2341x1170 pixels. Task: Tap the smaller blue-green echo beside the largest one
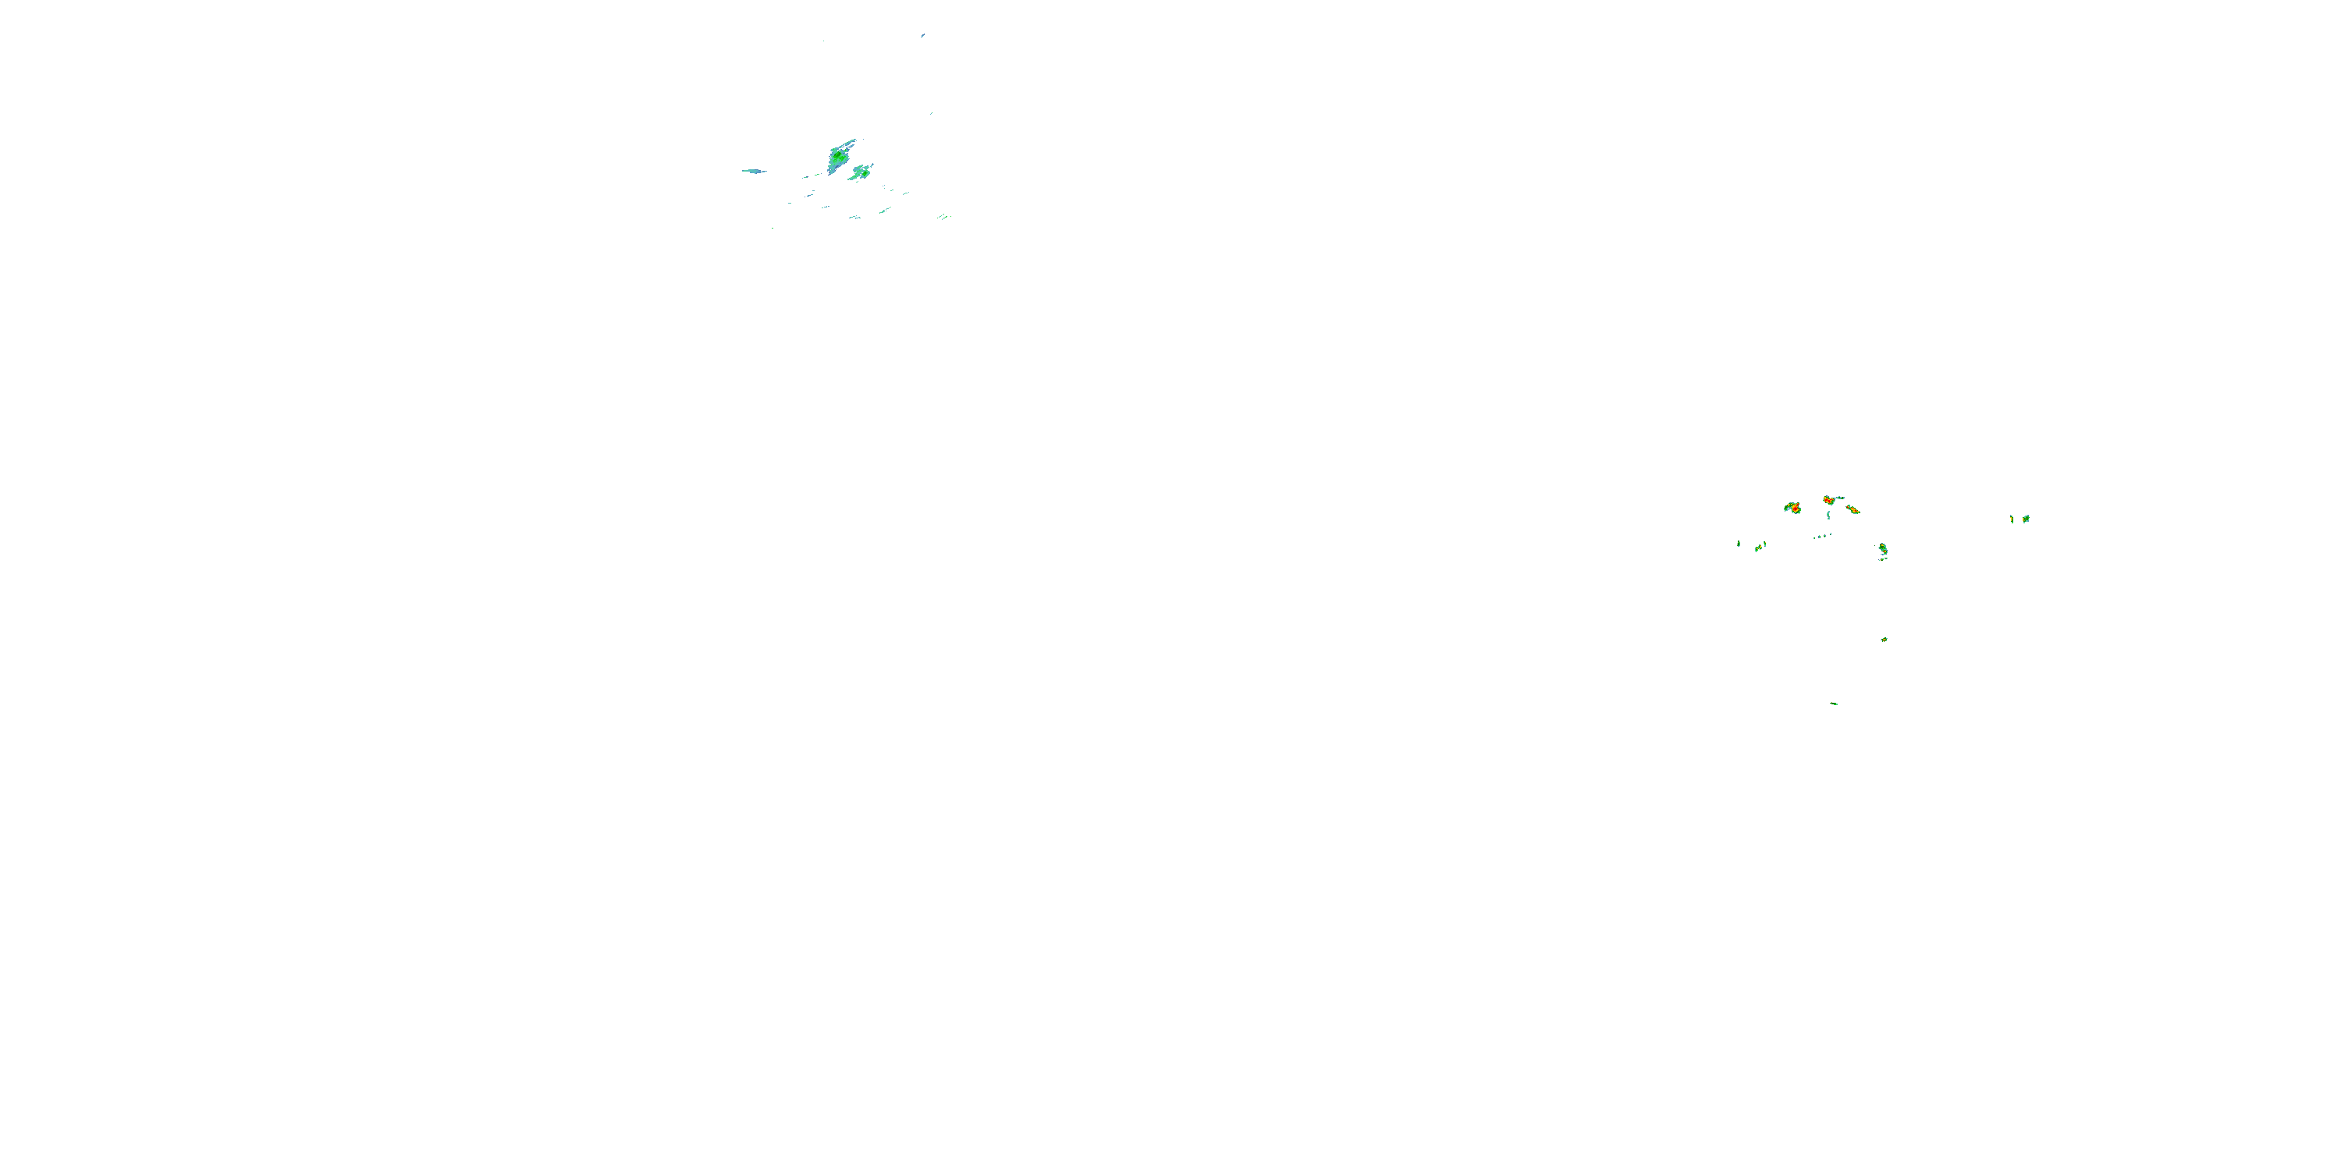coord(860,172)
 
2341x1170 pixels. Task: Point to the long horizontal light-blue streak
coord(753,171)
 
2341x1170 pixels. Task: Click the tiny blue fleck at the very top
coord(922,35)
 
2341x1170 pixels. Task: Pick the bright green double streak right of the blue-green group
coord(943,216)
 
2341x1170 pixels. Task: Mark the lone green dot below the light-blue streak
coord(773,227)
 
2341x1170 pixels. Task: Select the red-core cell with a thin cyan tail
coord(1828,500)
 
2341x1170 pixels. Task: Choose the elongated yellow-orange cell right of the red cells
coord(1853,509)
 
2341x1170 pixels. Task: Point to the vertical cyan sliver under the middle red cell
coord(1828,515)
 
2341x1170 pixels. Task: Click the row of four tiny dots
coord(1821,536)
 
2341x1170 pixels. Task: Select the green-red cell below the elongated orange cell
coord(1883,550)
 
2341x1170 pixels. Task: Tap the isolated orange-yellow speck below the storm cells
coord(1884,640)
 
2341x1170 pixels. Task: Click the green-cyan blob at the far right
coord(2026,519)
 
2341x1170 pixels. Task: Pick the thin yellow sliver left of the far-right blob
coord(2011,519)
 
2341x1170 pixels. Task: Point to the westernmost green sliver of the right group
coord(1739,544)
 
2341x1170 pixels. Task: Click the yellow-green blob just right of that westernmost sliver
coord(1760,547)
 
